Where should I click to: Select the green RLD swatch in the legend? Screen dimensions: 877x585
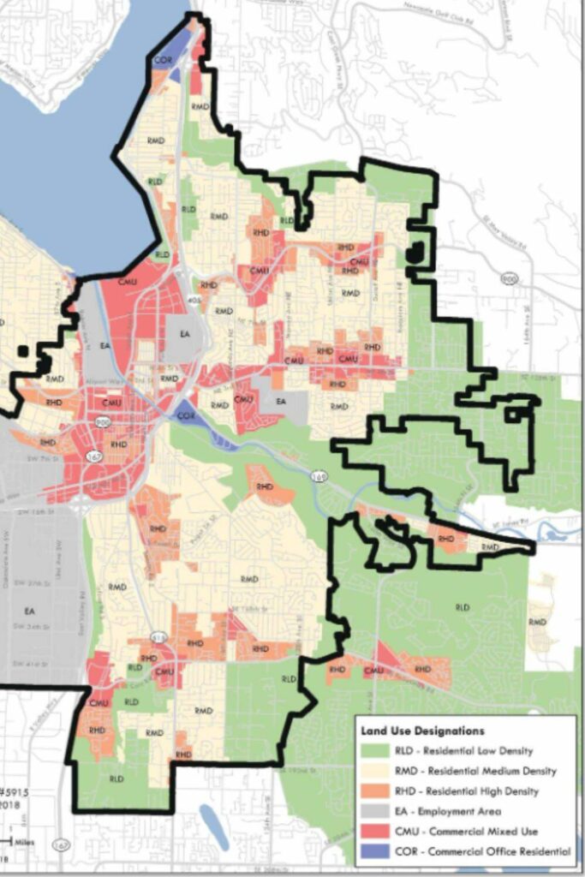375,751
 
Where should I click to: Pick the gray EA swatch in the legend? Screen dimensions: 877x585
375,811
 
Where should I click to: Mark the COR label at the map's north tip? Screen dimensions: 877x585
162,60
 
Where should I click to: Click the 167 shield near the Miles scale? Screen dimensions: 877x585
58,845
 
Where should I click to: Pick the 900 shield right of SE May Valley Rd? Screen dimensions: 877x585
510,279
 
